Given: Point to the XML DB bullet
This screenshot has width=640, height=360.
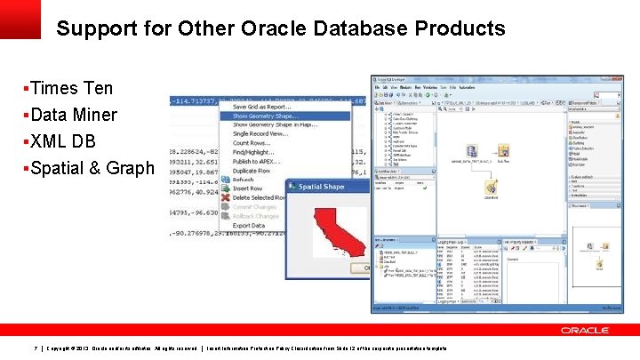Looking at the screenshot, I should tap(63, 141).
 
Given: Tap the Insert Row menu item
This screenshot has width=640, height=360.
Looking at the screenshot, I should tap(248, 188).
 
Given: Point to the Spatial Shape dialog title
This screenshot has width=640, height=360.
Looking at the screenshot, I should tap(321, 188).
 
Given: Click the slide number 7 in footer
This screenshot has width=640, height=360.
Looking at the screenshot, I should tap(34, 348).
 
